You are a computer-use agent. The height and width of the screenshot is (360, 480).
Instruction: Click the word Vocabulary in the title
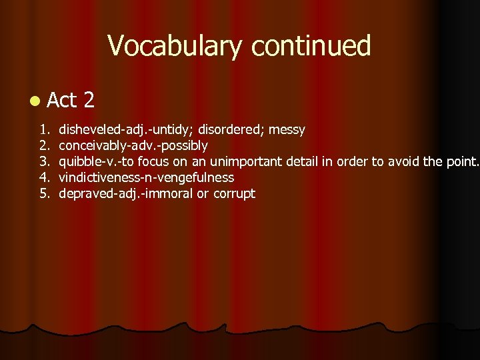click(x=175, y=46)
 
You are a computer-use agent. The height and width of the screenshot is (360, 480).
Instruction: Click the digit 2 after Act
click(x=89, y=101)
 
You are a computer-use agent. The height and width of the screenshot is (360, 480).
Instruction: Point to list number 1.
click(x=43, y=129)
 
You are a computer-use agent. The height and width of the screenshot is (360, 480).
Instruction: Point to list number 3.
click(x=43, y=161)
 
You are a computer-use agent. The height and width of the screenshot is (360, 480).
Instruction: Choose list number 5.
click(x=43, y=193)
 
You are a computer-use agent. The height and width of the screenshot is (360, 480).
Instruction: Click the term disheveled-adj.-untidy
click(x=115, y=129)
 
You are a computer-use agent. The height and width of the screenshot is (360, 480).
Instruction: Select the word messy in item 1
click(x=287, y=129)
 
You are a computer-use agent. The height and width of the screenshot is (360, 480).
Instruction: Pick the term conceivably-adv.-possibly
click(x=133, y=145)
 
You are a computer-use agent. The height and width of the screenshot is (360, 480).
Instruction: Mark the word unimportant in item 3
click(x=246, y=161)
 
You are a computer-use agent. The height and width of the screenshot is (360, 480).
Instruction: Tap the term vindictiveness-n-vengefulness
click(x=147, y=177)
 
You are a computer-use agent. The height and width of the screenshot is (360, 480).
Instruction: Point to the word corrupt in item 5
click(x=234, y=193)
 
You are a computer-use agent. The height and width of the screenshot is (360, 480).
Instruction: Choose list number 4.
click(x=43, y=177)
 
